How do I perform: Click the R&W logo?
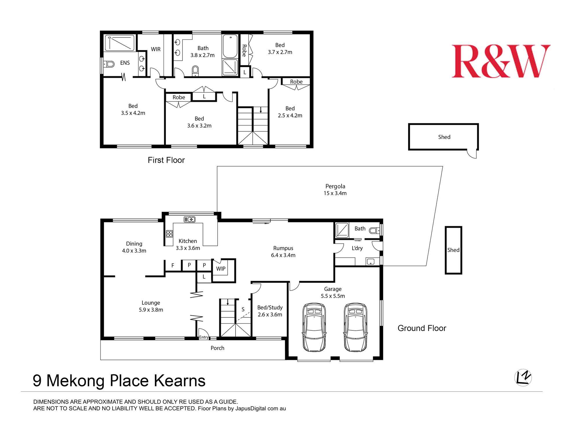pyautogui.click(x=501, y=61)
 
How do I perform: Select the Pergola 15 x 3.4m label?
pyautogui.click(x=335, y=190)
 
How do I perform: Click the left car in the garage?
pyautogui.click(x=314, y=327)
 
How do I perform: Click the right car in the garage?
pyautogui.click(x=355, y=327)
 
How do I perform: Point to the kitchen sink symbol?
pyautogui.click(x=190, y=220)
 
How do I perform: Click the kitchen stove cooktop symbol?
pyautogui.click(x=169, y=234)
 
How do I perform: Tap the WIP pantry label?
pyautogui.click(x=221, y=269)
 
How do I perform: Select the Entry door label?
pyautogui.click(x=204, y=337)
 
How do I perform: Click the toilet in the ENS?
pyautogui.click(x=109, y=64)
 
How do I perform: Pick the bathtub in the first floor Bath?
pyautogui.click(x=230, y=46)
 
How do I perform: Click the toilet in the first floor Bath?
pyautogui.click(x=195, y=71)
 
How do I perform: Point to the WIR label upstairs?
pyautogui.click(x=156, y=49)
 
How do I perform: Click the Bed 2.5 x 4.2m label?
pyautogui.click(x=290, y=112)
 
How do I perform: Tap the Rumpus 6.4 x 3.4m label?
pyautogui.click(x=283, y=252)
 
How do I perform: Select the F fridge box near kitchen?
pyautogui.click(x=173, y=266)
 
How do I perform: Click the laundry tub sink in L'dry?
pyautogui.click(x=371, y=262)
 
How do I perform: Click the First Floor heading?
pyautogui.click(x=166, y=160)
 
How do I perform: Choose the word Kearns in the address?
pyautogui.click(x=179, y=381)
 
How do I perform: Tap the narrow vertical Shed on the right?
pyautogui.click(x=453, y=250)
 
